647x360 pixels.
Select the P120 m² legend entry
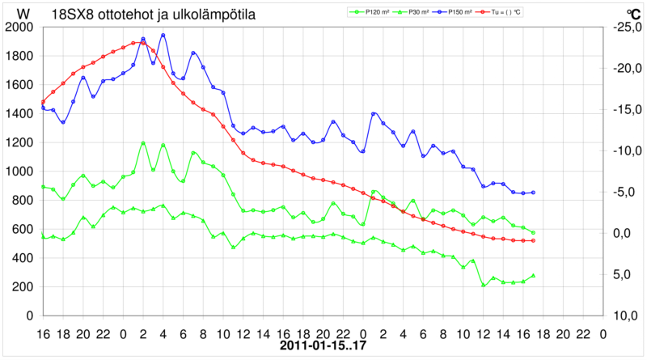pyautogui.click(x=370, y=12)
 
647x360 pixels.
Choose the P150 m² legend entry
pyautogui.click(x=468, y=12)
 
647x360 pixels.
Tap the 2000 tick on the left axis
pyautogui.click(x=19, y=28)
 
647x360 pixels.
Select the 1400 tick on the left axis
pyautogui.click(x=19, y=114)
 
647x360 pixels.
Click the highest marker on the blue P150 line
pyautogui.click(x=163, y=35)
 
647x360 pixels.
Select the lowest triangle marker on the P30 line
pyautogui.click(x=484, y=285)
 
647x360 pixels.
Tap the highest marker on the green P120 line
pyautogui.click(x=143, y=143)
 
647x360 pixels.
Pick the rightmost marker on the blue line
pyautogui.click(x=534, y=193)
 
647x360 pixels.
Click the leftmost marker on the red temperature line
pyautogui.click(x=43, y=102)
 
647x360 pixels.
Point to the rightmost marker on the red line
pyautogui.click(x=534, y=241)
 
